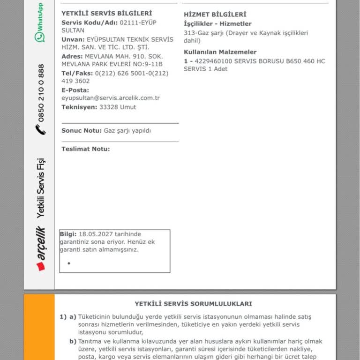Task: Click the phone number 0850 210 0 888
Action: (41, 93)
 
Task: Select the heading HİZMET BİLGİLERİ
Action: (215, 15)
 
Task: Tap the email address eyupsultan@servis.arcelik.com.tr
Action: (111, 98)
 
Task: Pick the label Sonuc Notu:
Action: (82, 131)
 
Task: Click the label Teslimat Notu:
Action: (86, 149)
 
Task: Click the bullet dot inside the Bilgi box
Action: (69, 263)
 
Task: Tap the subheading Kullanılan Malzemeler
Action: (220, 52)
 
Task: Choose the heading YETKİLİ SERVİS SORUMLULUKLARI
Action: (194, 304)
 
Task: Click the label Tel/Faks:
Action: (77, 73)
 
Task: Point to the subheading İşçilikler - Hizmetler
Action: (217, 23)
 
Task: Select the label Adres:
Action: (72, 56)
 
